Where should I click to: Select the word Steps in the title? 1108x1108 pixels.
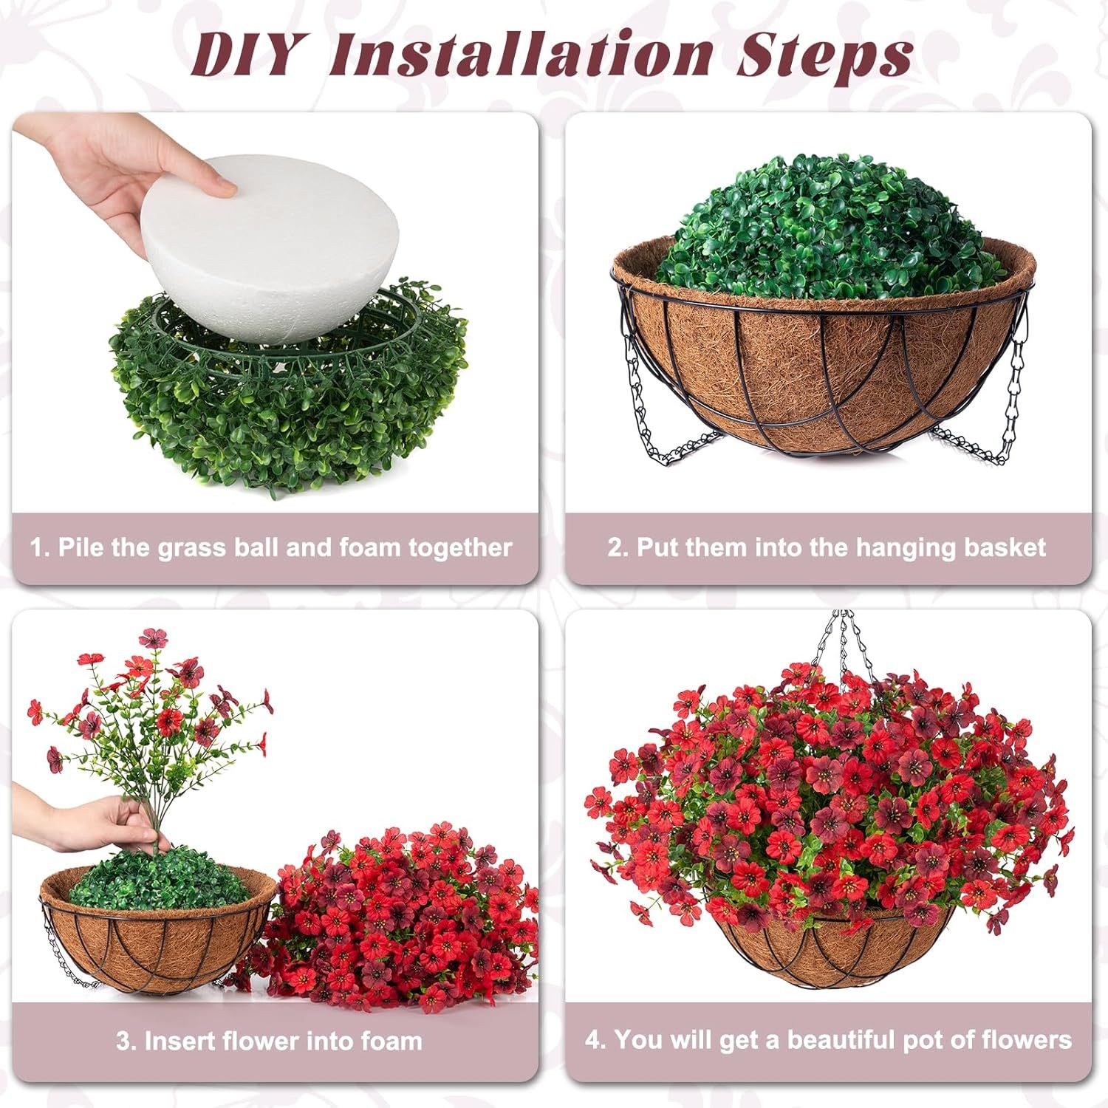pyautogui.click(x=824, y=56)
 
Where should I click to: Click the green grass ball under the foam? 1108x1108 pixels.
pyautogui.click(x=288, y=414)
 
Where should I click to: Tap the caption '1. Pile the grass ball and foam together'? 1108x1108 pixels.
pyautogui.click(x=271, y=548)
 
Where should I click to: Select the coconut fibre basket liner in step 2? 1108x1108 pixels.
pyautogui.click(x=813, y=369)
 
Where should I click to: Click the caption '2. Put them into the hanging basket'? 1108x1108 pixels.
pyautogui.click(x=827, y=548)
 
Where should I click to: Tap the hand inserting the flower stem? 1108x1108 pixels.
pyautogui.click(x=96, y=824)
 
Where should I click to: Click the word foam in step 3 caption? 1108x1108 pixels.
pyautogui.click(x=391, y=1042)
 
